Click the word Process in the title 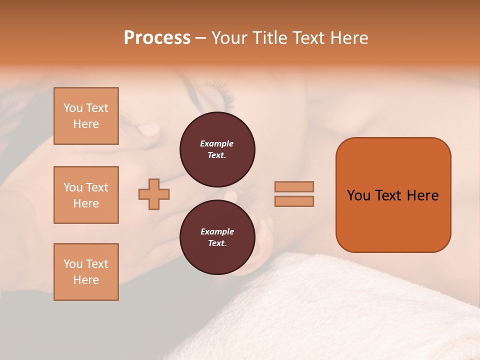click(157, 38)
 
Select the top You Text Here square click(86, 116)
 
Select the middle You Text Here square click(86, 195)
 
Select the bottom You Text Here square click(86, 272)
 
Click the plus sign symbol click(154, 194)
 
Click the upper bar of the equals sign click(294, 186)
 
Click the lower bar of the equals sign click(294, 201)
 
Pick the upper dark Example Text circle click(217, 149)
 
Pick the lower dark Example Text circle click(217, 237)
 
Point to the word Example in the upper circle click(216, 143)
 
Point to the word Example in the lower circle click(217, 231)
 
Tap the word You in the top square click(72, 108)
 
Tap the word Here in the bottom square click(86, 280)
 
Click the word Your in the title click(229, 38)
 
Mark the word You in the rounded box click(358, 195)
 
